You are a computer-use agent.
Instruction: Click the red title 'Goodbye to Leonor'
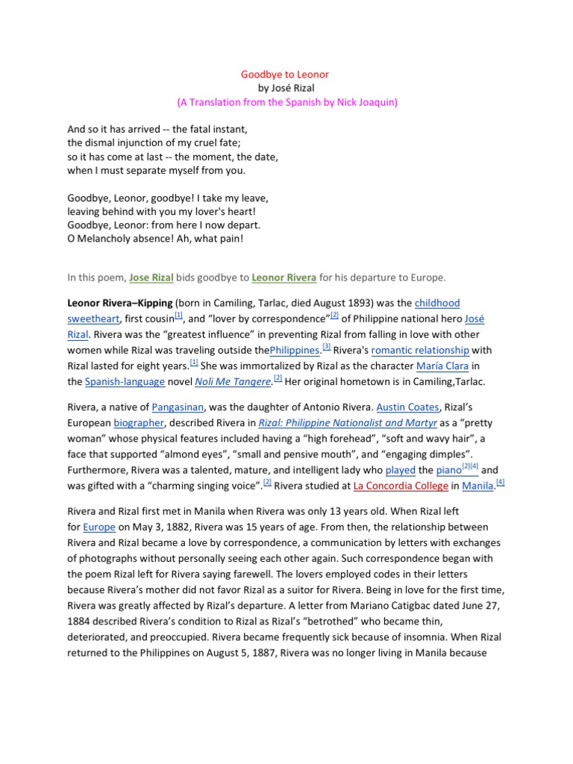tap(284, 75)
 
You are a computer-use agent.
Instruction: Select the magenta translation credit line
tap(286, 102)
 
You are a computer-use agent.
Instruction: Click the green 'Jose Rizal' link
tap(151, 278)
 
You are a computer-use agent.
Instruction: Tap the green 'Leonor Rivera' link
tap(285, 278)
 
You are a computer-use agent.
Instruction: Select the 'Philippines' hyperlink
tap(294, 351)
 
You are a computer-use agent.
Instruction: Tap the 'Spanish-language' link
tap(125, 382)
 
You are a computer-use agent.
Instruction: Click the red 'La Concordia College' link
tap(400, 486)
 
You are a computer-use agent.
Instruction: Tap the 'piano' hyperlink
tap(448, 470)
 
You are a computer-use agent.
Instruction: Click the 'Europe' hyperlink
tap(98, 526)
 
